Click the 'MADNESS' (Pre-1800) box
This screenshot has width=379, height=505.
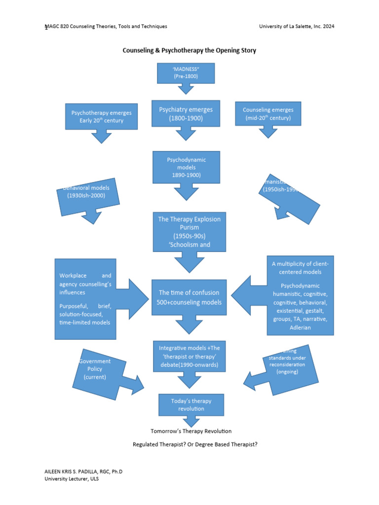point(186,73)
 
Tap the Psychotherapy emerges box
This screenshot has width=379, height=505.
point(101,116)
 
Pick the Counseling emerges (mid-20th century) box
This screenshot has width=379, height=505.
point(268,114)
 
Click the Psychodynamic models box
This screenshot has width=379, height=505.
point(186,167)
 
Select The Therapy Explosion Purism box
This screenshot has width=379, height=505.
point(189,232)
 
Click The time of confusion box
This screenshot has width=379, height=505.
point(189,297)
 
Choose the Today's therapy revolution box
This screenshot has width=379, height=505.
point(191,405)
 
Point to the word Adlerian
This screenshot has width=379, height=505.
point(300,327)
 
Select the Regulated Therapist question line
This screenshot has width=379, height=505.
point(195,444)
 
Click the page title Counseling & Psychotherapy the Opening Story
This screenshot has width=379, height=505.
point(189,50)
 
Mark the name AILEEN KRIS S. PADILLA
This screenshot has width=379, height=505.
point(74,472)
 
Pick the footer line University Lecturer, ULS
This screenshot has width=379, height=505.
point(72,479)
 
